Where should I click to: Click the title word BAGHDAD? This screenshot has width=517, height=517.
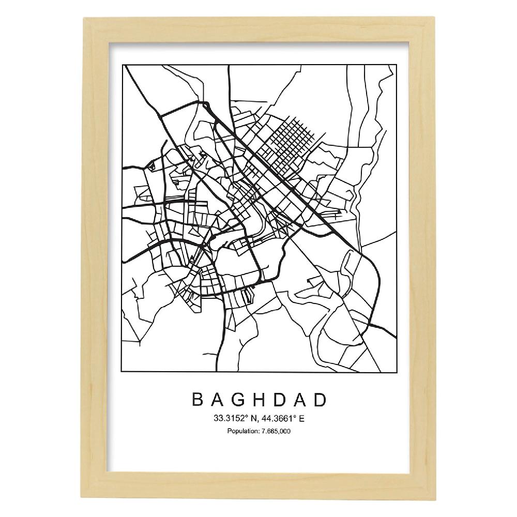[x=259, y=400]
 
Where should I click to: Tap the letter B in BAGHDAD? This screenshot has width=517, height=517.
[x=197, y=400]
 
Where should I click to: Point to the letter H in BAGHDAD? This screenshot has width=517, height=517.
[x=260, y=400]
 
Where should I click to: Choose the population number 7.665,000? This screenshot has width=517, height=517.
[x=276, y=431]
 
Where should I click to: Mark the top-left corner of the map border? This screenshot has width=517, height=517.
[x=121, y=65]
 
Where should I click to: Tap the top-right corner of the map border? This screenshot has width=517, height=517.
[x=396, y=65]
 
